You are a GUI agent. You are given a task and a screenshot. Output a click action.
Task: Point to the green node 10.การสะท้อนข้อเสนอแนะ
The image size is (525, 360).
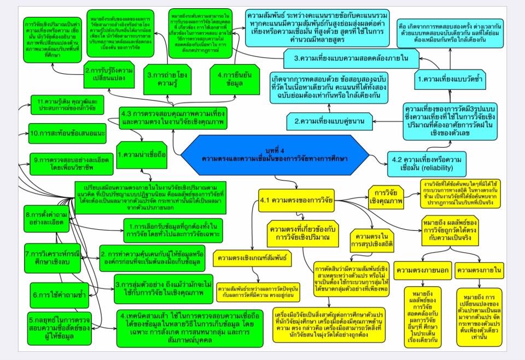pyautogui.click(x=67, y=133)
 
